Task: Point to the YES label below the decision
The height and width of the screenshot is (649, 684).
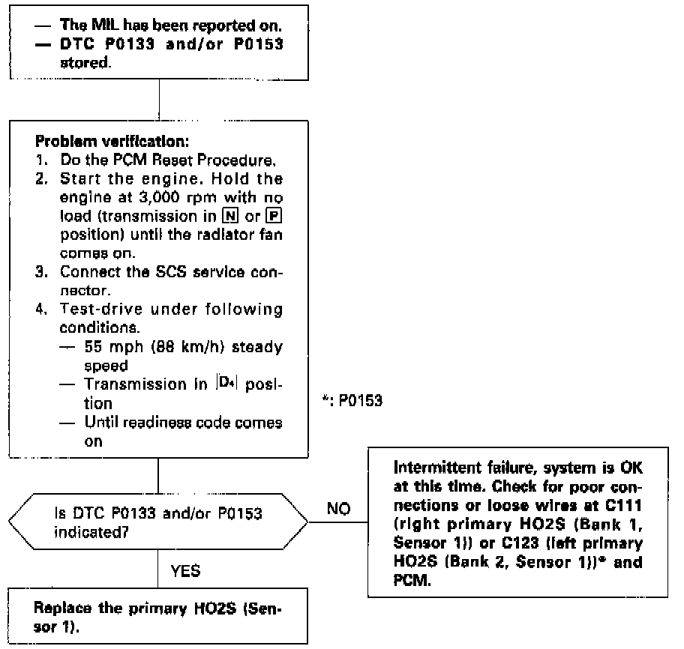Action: (x=186, y=572)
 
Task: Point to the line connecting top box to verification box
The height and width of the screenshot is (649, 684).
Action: (x=159, y=100)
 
